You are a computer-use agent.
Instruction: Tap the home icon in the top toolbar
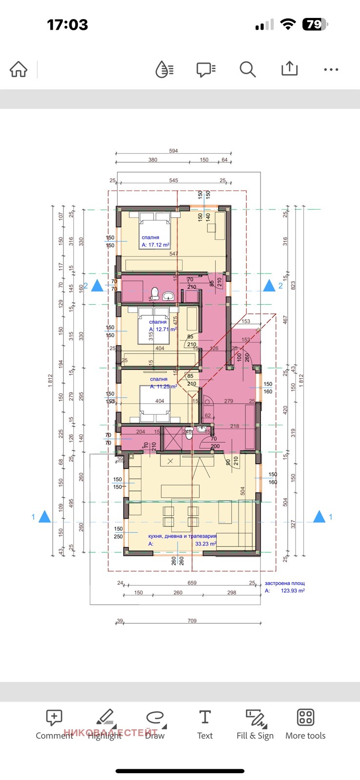pyautogui.click(x=19, y=70)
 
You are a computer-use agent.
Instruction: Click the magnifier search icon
pyautogui.click(x=247, y=70)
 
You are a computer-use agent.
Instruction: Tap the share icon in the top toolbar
pyautogui.click(x=289, y=69)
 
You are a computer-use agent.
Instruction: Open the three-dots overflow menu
pyautogui.click(x=331, y=70)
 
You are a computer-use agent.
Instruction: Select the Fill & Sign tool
pyautogui.click(x=255, y=724)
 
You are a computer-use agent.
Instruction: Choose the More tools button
pyautogui.click(x=305, y=724)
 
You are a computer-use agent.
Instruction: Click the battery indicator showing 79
pyautogui.click(x=315, y=24)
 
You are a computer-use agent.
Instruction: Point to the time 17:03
pyautogui.click(x=67, y=25)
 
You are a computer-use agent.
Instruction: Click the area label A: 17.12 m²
pyautogui.click(x=156, y=245)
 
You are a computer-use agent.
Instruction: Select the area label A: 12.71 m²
pyautogui.click(x=163, y=329)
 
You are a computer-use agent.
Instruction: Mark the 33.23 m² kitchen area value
pyautogui.click(x=205, y=544)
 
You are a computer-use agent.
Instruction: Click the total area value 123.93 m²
pyautogui.click(x=293, y=590)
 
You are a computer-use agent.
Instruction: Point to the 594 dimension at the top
pyautogui.click(x=174, y=151)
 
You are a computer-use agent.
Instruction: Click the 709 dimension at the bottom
pyautogui.click(x=192, y=621)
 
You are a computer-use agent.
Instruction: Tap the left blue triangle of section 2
pyautogui.click(x=98, y=286)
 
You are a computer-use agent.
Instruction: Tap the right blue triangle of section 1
pyautogui.click(x=319, y=517)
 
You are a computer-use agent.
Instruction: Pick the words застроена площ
pyautogui.click(x=285, y=583)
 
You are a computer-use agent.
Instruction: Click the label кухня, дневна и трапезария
pyautogui.click(x=182, y=536)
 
